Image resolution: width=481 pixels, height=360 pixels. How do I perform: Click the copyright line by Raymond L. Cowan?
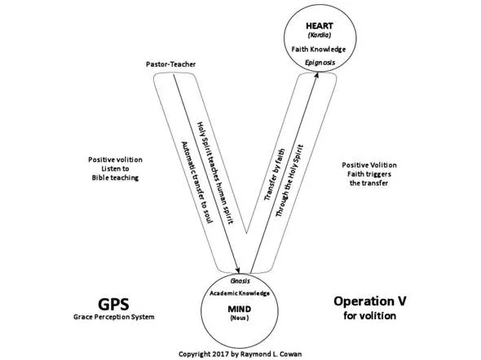[x=242, y=355]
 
